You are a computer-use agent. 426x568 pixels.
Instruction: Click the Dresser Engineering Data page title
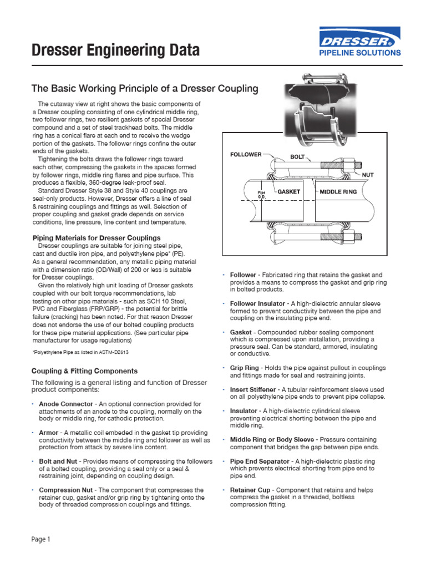point(115,51)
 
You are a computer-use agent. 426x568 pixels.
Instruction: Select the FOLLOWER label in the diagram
point(246,154)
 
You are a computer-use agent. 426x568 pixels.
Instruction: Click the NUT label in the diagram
point(368,174)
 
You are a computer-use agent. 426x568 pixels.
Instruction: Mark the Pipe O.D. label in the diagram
point(262,194)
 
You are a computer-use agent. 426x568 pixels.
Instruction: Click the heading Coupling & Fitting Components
point(84,371)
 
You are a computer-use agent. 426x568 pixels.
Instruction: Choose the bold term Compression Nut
point(67,490)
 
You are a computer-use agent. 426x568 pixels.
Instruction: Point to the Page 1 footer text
point(40,539)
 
